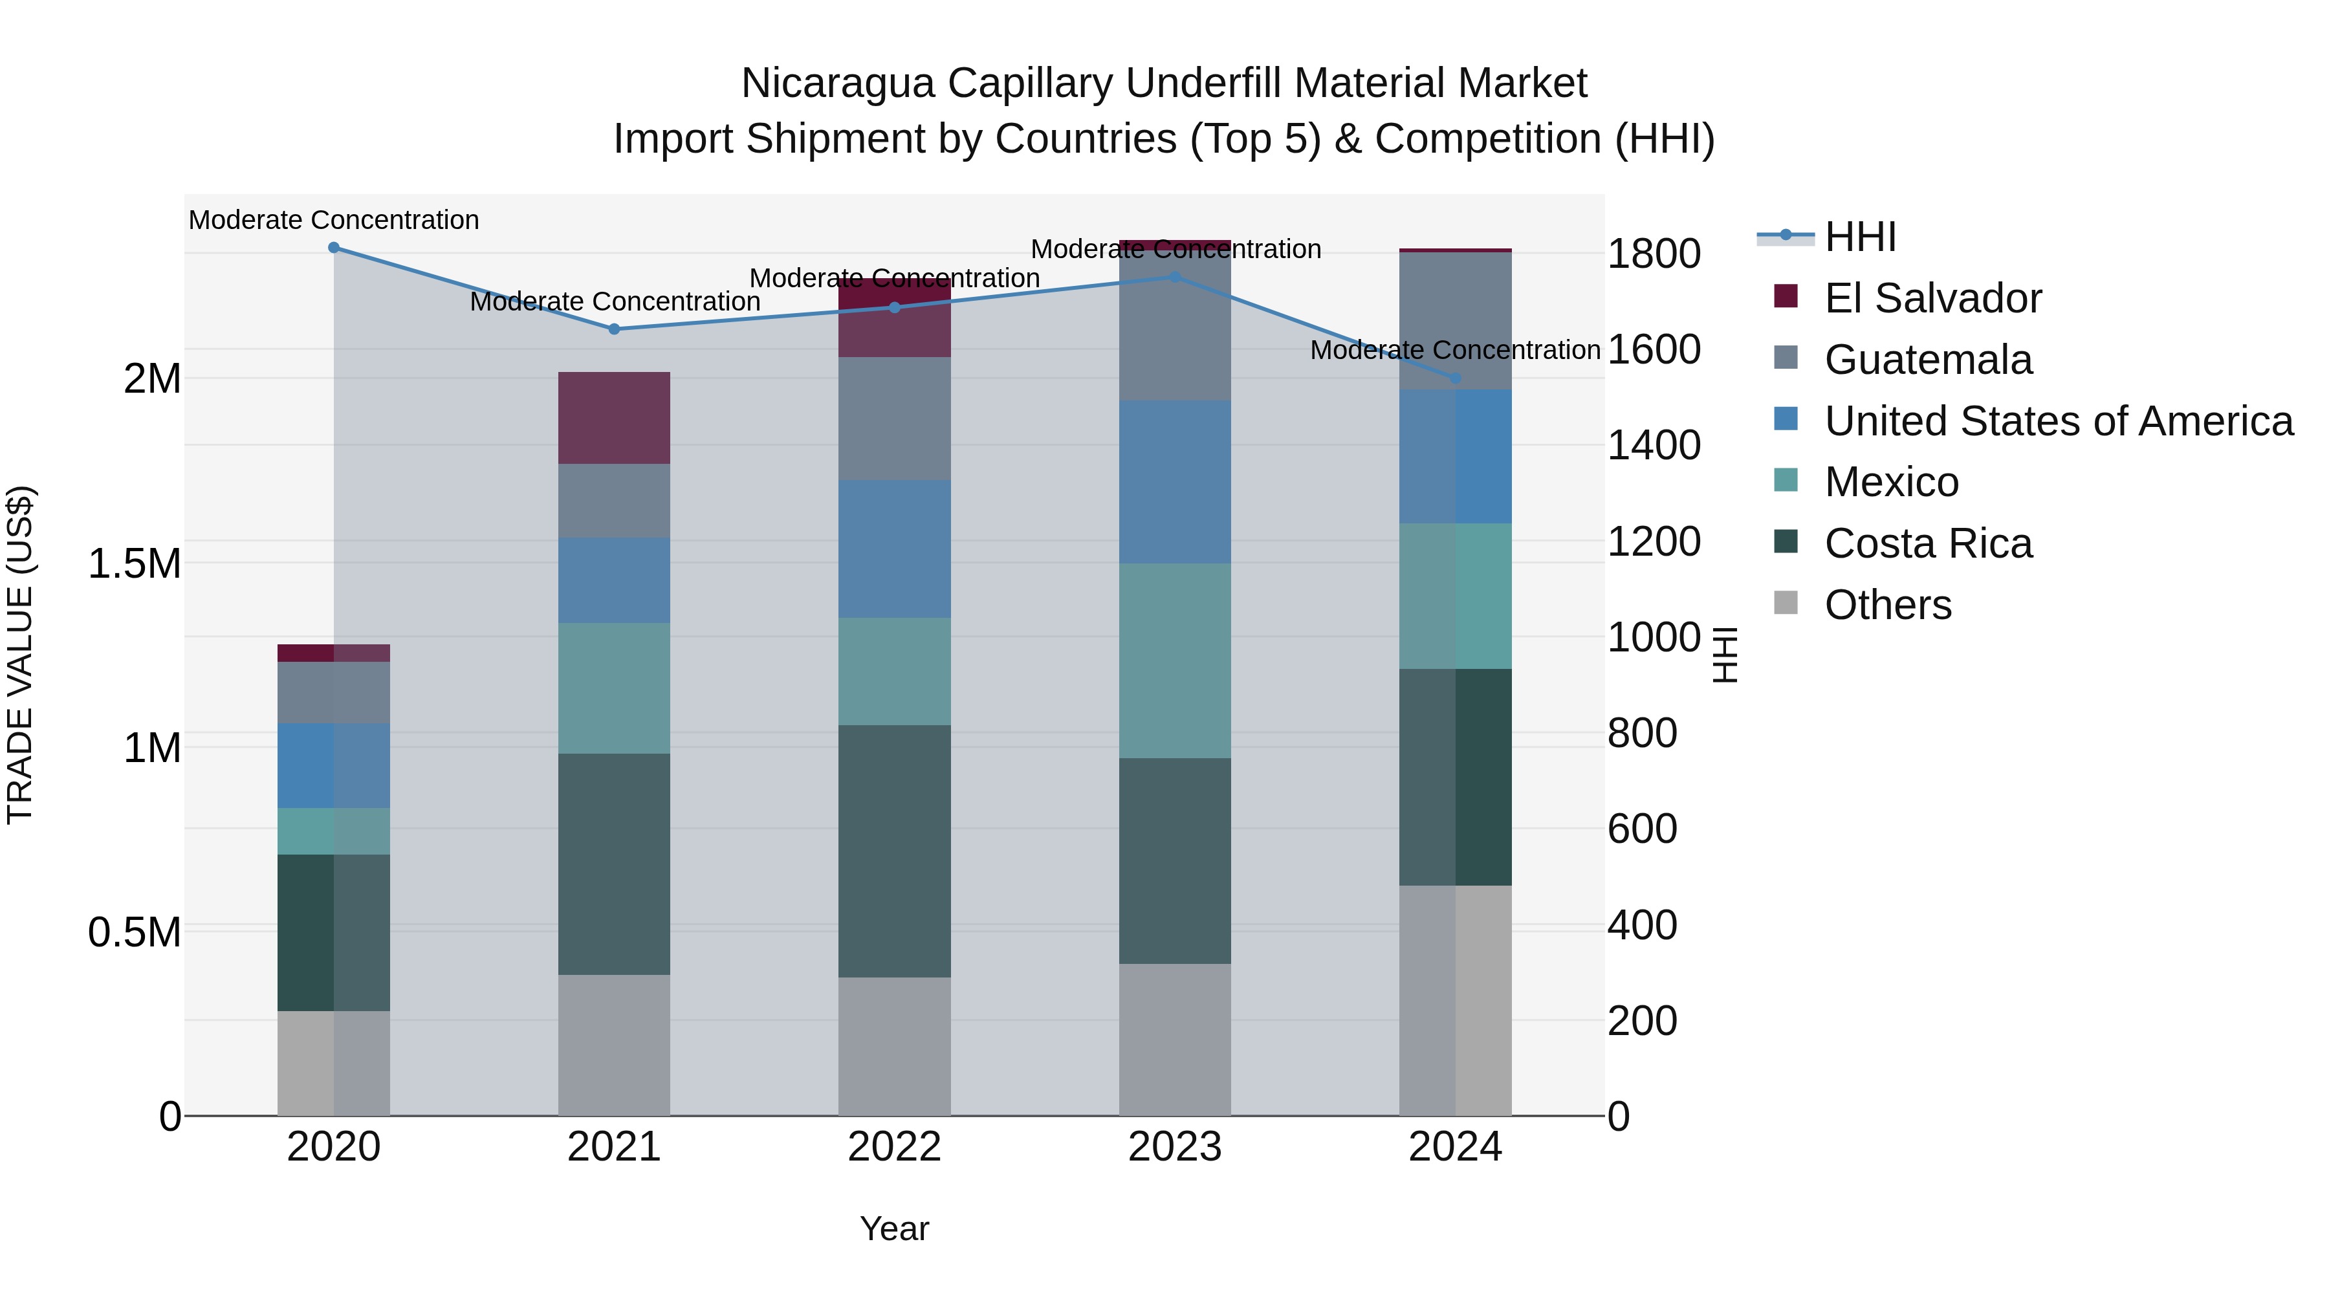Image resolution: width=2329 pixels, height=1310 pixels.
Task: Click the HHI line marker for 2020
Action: [334, 247]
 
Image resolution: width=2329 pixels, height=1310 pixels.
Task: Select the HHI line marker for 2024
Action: [1455, 378]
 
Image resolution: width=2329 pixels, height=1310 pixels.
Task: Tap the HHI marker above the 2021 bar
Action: [614, 329]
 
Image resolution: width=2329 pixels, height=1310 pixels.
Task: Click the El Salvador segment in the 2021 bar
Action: [614, 418]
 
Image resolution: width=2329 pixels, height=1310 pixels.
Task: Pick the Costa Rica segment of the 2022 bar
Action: [894, 850]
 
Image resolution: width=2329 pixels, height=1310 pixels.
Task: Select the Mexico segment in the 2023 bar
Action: [1174, 660]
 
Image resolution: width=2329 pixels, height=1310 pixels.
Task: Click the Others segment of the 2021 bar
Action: [614, 1044]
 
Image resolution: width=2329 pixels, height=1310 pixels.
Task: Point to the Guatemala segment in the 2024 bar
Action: [1455, 321]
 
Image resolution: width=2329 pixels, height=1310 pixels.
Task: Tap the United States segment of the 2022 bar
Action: [894, 548]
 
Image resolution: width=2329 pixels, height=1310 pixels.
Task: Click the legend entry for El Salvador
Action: [1932, 298]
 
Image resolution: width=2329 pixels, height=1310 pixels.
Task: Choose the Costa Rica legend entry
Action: [1928, 543]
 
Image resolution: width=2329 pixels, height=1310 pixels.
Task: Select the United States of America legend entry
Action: [2058, 421]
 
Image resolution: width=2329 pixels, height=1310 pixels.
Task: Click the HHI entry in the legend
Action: [1860, 237]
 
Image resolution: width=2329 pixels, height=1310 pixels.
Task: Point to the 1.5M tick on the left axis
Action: [135, 563]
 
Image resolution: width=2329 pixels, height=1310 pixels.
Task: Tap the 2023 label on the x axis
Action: [1174, 1147]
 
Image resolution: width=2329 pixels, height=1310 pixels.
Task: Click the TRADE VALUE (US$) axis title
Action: [20, 655]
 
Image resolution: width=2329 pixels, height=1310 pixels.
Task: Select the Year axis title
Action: [894, 1228]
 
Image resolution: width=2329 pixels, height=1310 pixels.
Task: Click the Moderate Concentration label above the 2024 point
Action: [1455, 350]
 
